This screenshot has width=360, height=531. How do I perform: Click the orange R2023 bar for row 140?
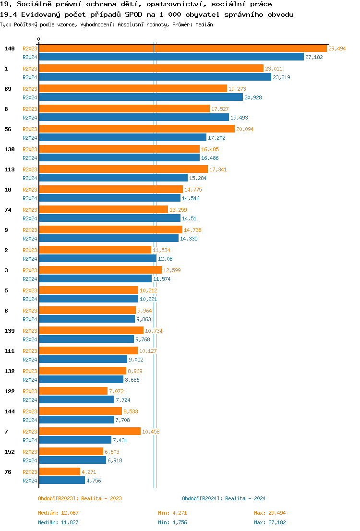(182, 48)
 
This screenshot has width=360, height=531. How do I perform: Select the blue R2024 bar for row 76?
(62, 481)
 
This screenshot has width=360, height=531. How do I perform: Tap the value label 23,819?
(281, 77)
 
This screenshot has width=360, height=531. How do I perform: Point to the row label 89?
(8, 89)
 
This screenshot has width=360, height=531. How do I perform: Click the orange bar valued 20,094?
(137, 129)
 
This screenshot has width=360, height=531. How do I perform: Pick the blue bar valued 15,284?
(113, 178)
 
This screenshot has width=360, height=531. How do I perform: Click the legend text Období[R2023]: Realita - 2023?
(80, 498)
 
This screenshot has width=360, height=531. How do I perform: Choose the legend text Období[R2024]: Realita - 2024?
(224, 498)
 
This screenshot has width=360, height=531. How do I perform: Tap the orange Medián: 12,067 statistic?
(58, 513)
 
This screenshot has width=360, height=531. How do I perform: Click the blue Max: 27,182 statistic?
(270, 522)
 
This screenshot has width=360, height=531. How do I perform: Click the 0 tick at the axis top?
(39, 39)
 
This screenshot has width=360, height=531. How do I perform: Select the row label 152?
(10, 452)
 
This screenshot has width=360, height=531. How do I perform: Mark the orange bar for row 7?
(90, 432)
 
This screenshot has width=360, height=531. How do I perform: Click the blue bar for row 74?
(109, 218)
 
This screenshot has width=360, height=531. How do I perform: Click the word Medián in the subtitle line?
(203, 24)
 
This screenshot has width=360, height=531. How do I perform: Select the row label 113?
(10, 169)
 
